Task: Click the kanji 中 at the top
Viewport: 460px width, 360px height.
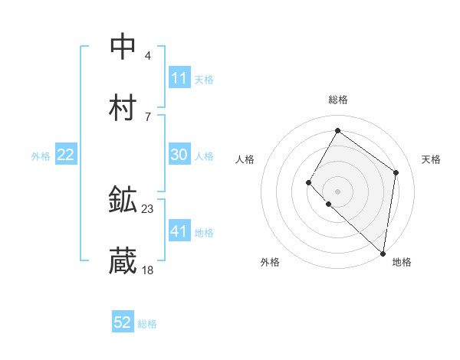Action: [123, 47]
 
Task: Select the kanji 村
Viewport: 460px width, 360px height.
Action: [123, 108]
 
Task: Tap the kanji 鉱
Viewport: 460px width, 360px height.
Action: [123, 201]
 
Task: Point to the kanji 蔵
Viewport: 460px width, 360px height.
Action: [123, 262]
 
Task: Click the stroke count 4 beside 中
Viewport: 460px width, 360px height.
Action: [147, 55]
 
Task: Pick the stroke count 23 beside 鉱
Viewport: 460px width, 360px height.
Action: [148, 208]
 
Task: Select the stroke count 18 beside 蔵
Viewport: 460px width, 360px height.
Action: [148, 270]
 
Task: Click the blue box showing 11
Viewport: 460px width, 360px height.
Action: [179, 78]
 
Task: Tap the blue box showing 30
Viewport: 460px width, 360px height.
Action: [179, 155]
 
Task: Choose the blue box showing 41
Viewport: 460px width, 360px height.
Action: [179, 231]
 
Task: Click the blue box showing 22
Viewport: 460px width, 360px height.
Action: [66, 155]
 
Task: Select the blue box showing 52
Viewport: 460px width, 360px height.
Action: [123, 323]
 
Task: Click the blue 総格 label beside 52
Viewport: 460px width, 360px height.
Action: [147, 324]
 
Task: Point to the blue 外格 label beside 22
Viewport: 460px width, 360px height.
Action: [41, 155]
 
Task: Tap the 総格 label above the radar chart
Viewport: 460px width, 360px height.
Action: [337, 100]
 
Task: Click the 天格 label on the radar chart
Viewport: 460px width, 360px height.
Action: [431, 159]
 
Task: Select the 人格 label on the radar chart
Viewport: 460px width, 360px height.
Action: [245, 159]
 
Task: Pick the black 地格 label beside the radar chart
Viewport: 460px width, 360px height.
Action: [402, 262]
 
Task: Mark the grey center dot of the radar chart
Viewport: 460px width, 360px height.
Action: [337, 191]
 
